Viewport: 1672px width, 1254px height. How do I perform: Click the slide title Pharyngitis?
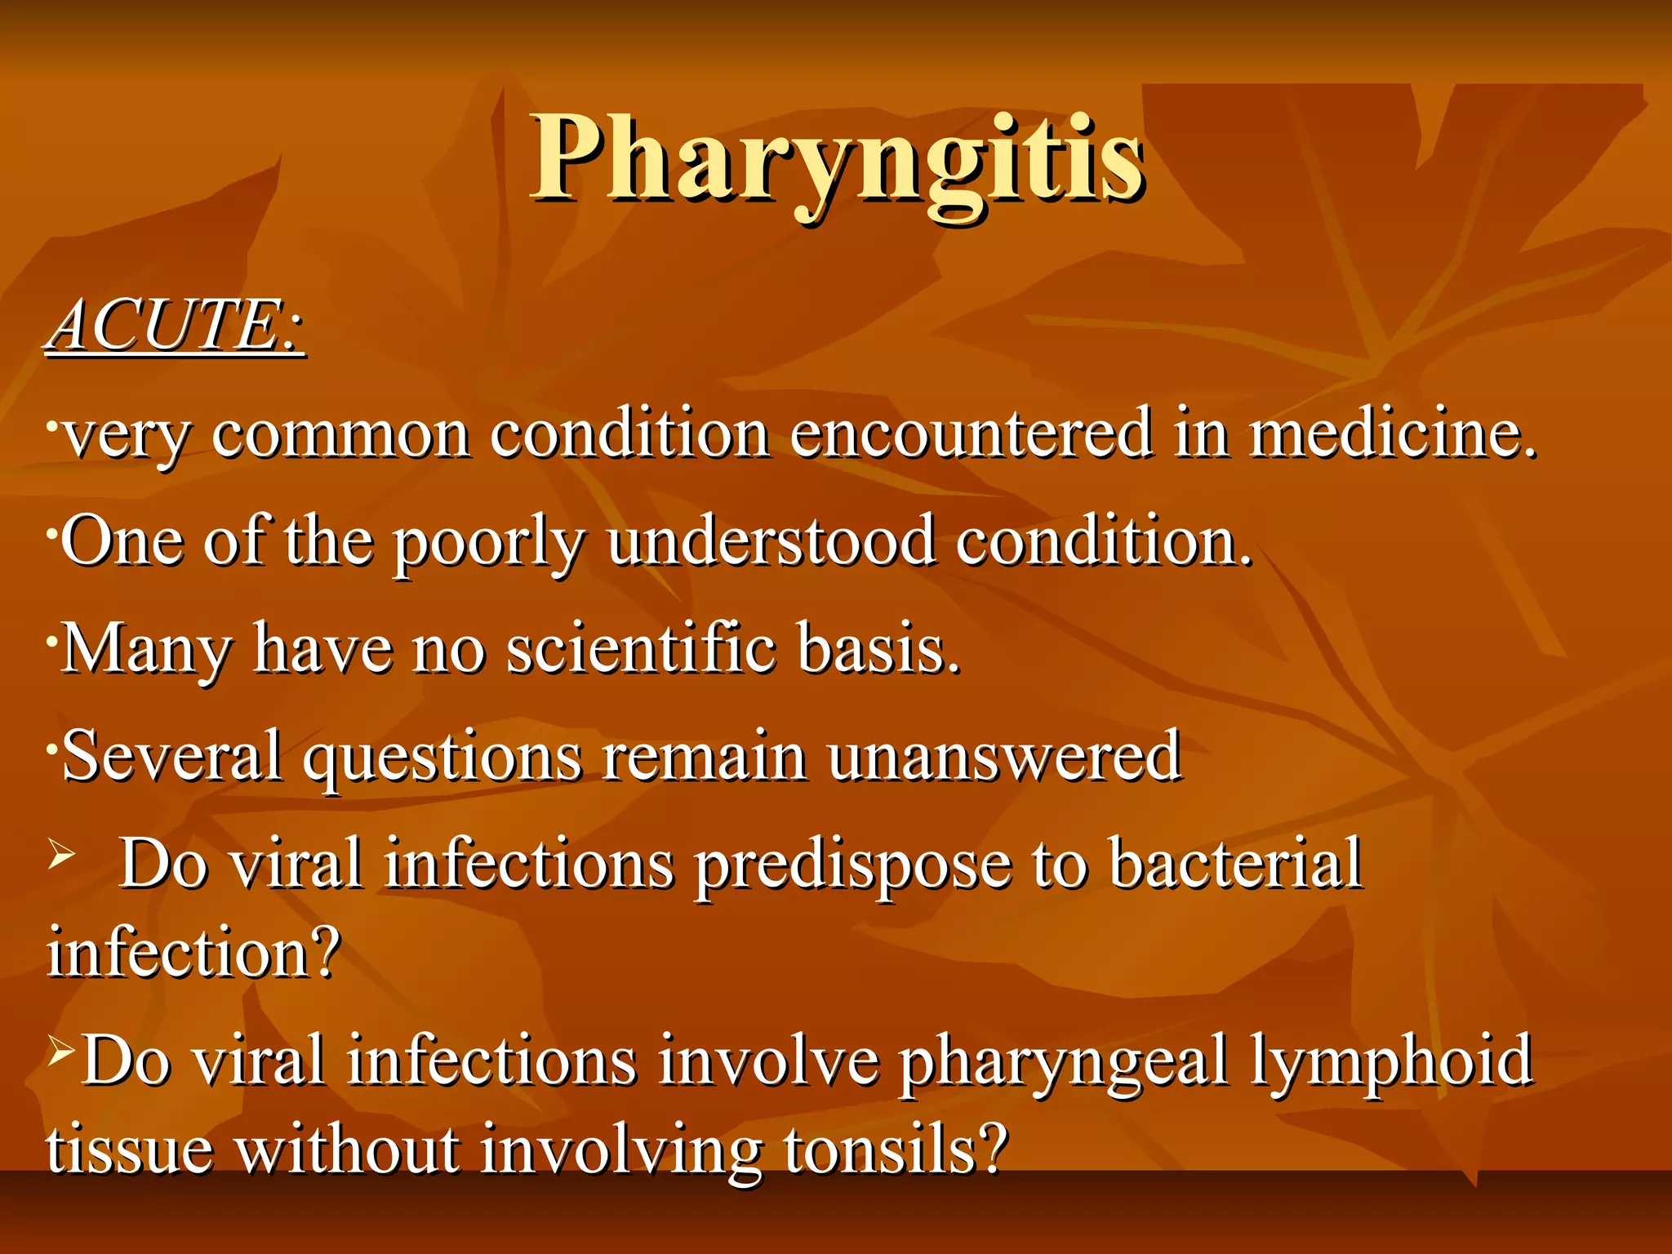[837, 159]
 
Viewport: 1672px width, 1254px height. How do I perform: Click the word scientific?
[641, 649]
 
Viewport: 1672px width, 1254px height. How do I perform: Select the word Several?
[172, 756]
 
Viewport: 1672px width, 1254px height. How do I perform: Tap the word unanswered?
[1004, 756]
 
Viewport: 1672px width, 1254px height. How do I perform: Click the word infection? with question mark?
[193, 953]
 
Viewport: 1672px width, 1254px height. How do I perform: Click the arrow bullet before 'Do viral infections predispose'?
[61, 855]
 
